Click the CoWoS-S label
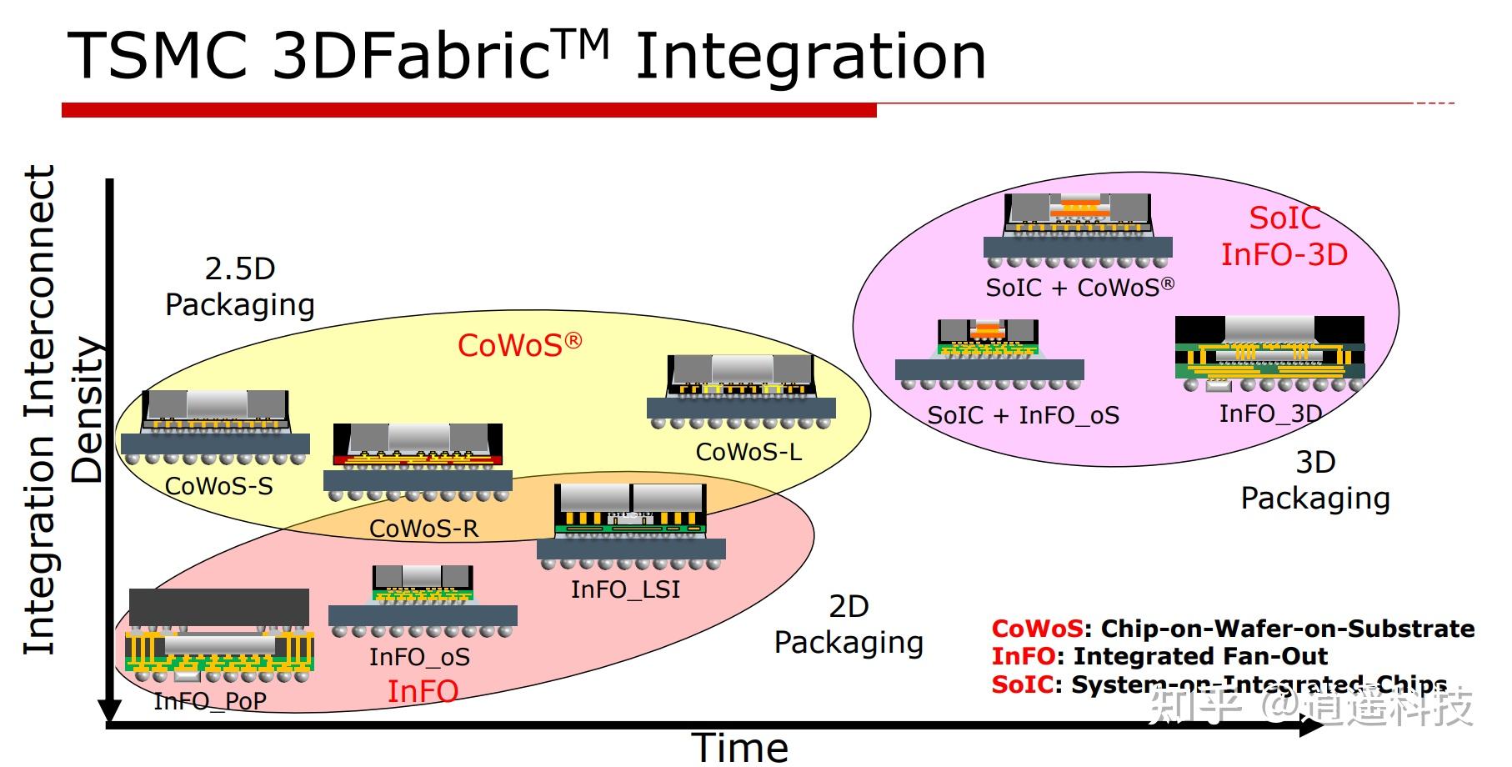coord(219,486)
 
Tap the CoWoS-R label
coord(423,529)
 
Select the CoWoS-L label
coord(748,452)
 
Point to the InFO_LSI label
coord(625,589)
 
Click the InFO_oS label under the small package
coord(419,657)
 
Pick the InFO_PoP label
coord(210,701)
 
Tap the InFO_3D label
coord(1270,414)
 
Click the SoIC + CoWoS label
coord(1080,288)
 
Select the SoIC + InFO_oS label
coord(1023,415)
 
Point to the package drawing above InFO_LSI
coord(631,524)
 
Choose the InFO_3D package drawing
coord(1269,355)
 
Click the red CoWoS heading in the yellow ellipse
coord(519,345)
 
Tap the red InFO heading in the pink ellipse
coord(423,691)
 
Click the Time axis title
coord(739,747)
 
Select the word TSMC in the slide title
coord(158,56)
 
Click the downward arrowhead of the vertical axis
coord(110,710)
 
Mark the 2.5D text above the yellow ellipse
coord(240,268)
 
